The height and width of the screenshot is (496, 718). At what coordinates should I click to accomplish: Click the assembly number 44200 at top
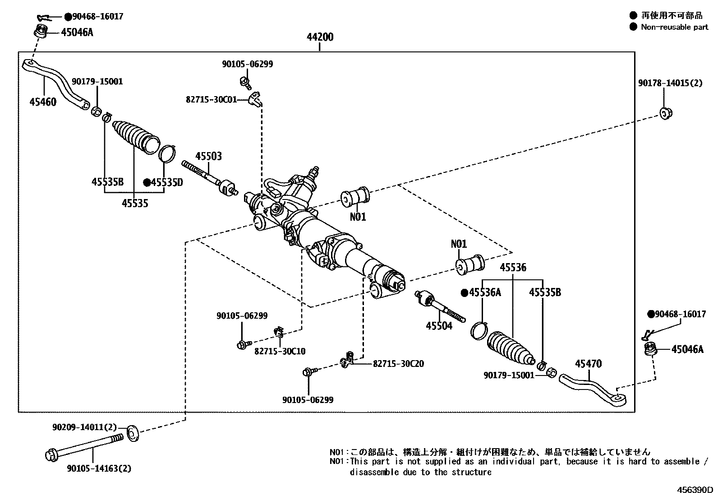point(320,37)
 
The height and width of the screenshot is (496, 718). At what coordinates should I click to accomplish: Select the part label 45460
point(43,102)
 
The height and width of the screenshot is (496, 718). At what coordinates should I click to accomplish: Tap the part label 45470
point(588,364)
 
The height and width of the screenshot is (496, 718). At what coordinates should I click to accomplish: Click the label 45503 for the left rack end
point(208,157)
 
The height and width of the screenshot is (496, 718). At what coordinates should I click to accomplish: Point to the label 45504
point(439,326)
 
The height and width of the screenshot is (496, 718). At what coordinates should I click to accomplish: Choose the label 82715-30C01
point(211,99)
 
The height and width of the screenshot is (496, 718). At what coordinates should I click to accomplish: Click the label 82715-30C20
point(398,364)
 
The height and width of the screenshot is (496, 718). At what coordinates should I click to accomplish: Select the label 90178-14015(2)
point(670,83)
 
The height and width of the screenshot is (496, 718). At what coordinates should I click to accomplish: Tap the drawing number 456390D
point(695,490)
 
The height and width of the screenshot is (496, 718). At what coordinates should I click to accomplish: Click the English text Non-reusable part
point(674,27)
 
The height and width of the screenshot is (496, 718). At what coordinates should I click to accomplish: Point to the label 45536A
point(485,292)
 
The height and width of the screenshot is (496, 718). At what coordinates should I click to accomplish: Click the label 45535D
point(166,182)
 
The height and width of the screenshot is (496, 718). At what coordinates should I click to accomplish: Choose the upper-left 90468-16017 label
point(97,17)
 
